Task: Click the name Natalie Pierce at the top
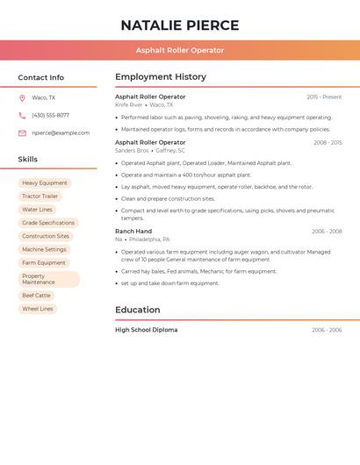point(180,25)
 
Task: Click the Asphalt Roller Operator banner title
point(180,50)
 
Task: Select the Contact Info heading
point(41,77)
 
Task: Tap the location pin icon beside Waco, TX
point(22,98)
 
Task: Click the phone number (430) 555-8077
point(50,116)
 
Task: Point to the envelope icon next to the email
point(22,133)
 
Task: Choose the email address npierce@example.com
point(61,133)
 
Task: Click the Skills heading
point(28,160)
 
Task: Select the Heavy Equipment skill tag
point(45,183)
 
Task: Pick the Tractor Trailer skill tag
point(40,197)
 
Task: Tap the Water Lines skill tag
point(38,210)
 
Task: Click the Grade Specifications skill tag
point(48,223)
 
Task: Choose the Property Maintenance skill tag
point(48,279)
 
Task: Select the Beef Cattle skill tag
point(37,296)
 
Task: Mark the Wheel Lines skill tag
point(38,309)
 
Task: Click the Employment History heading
point(161,77)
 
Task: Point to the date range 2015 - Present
point(324,97)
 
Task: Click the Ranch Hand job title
point(133,232)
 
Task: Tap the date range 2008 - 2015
point(328,142)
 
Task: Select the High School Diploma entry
point(147,330)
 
